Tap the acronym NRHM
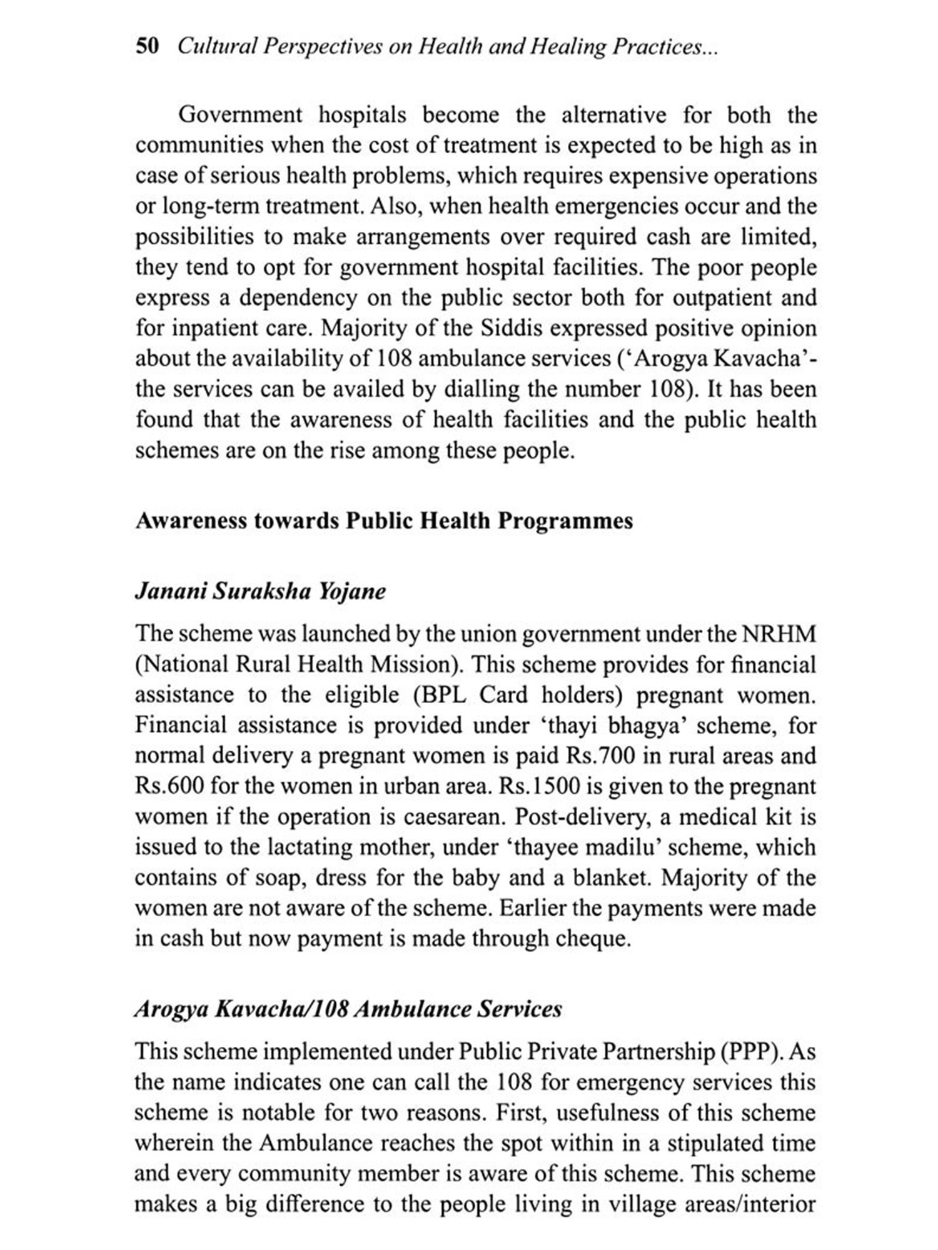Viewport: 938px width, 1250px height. tap(779, 634)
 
